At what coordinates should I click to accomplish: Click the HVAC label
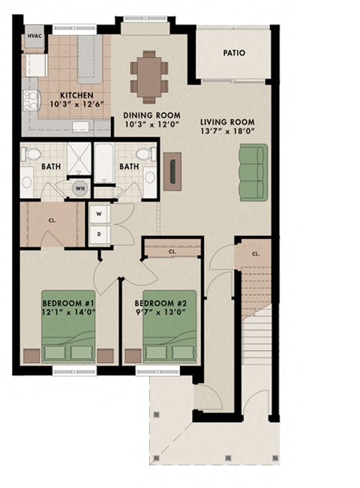(34, 35)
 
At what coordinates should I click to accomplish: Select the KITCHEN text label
(76, 95)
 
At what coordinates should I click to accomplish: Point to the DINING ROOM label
(148, 115)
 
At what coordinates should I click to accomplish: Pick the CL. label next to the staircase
(256, 254)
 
